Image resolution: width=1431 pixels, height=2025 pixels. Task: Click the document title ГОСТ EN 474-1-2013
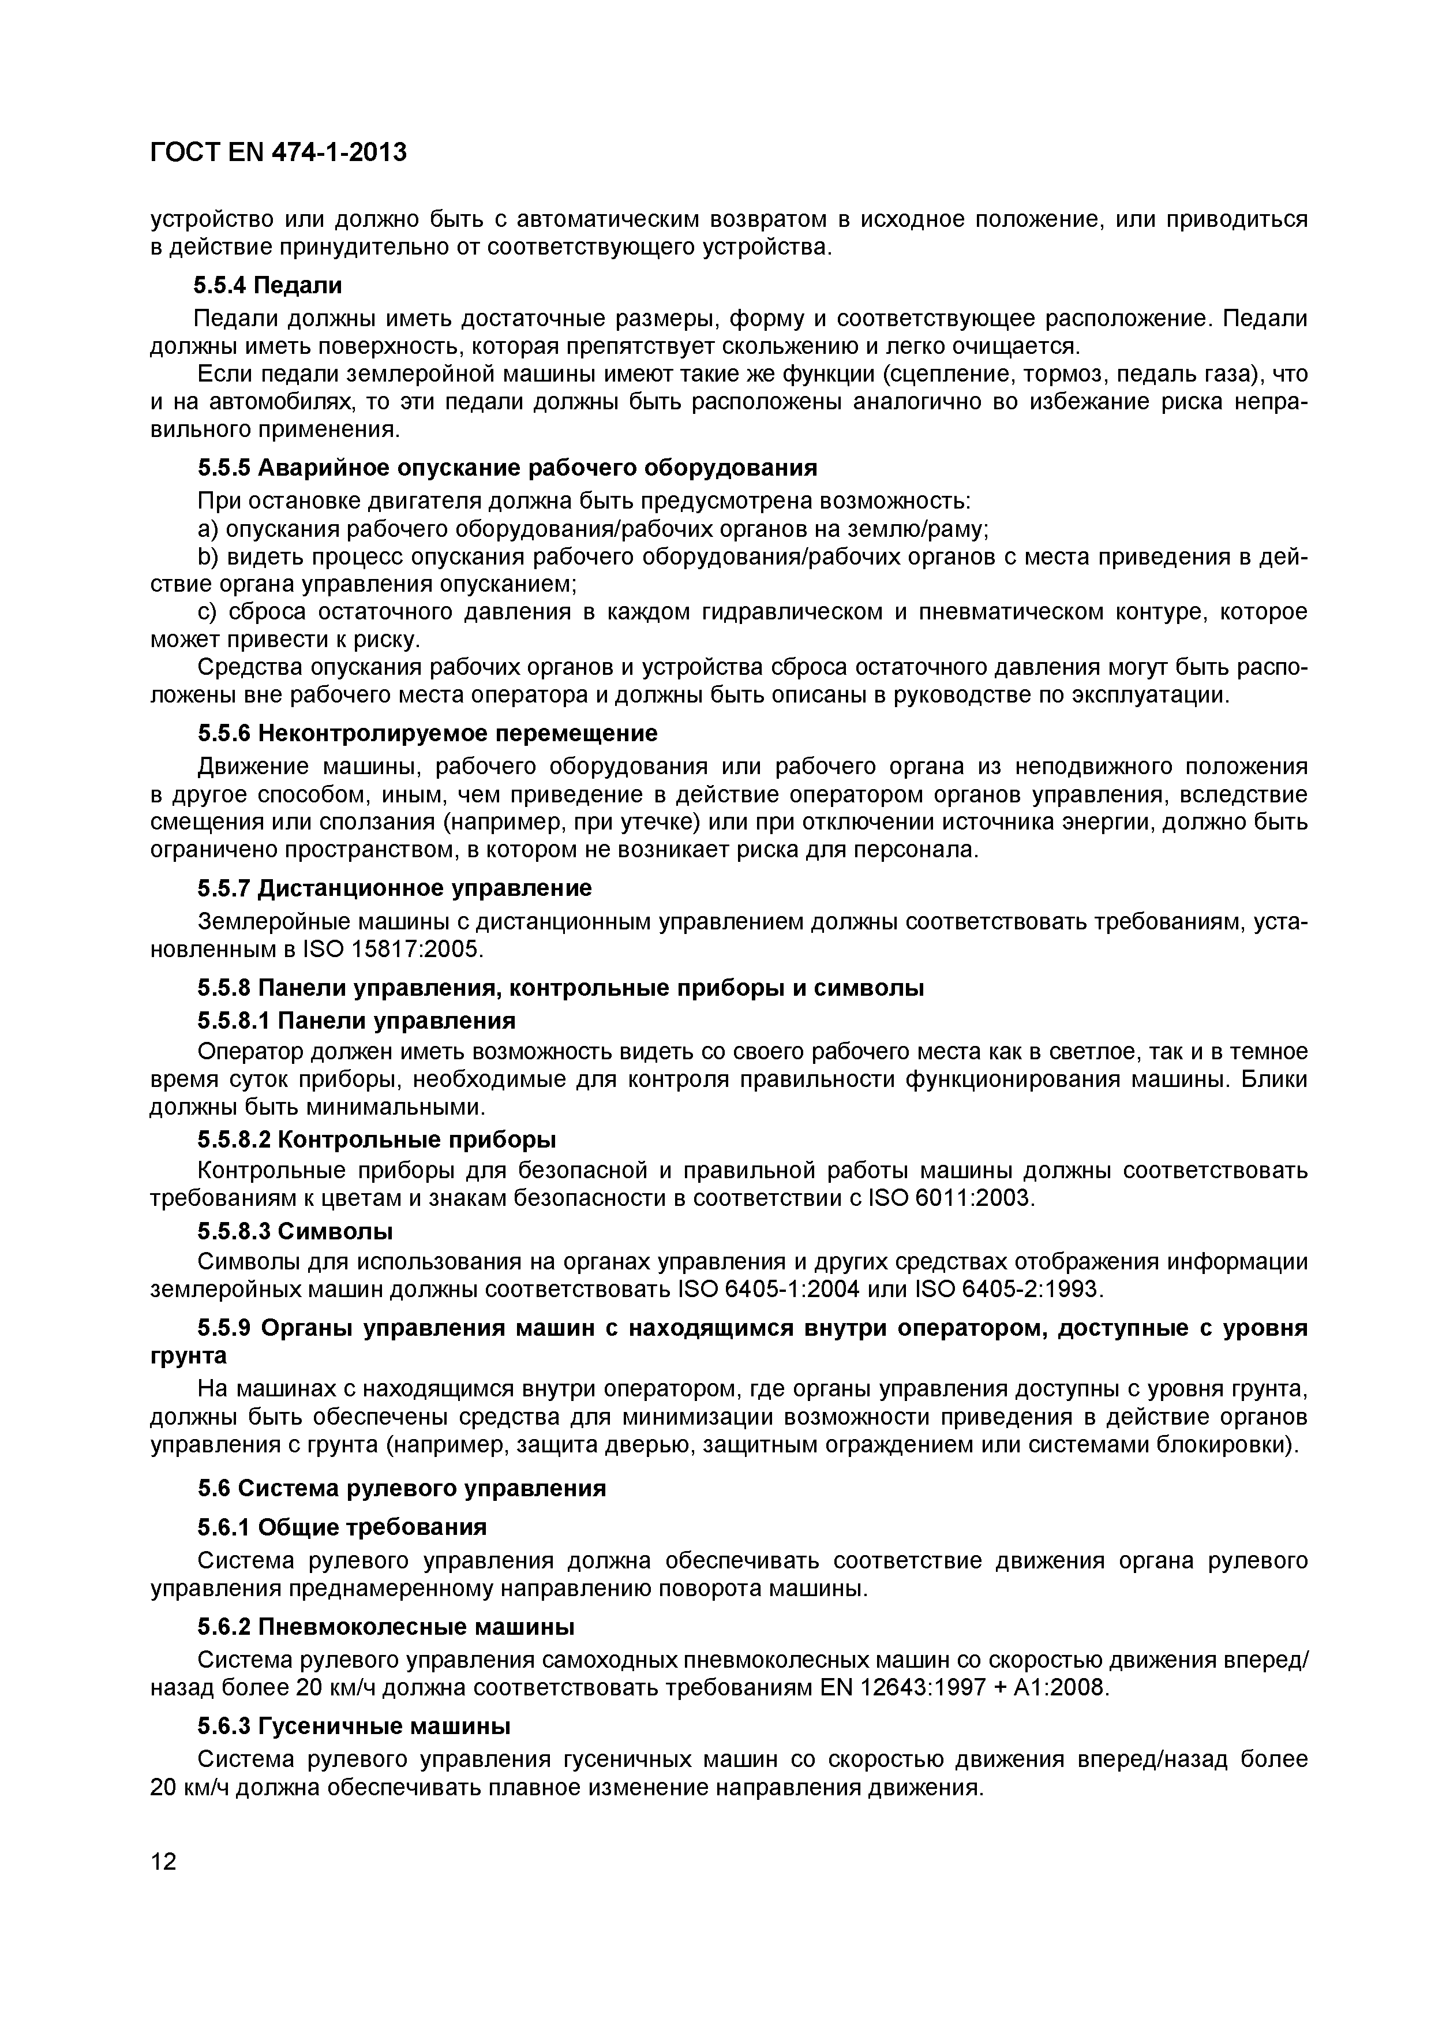pos(278,152)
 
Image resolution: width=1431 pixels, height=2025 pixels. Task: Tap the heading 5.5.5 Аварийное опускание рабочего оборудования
pos(507,468)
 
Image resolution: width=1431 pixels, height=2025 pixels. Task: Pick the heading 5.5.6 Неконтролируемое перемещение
pos(428,734)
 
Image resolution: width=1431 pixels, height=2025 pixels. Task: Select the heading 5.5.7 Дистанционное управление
pos(394,887)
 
